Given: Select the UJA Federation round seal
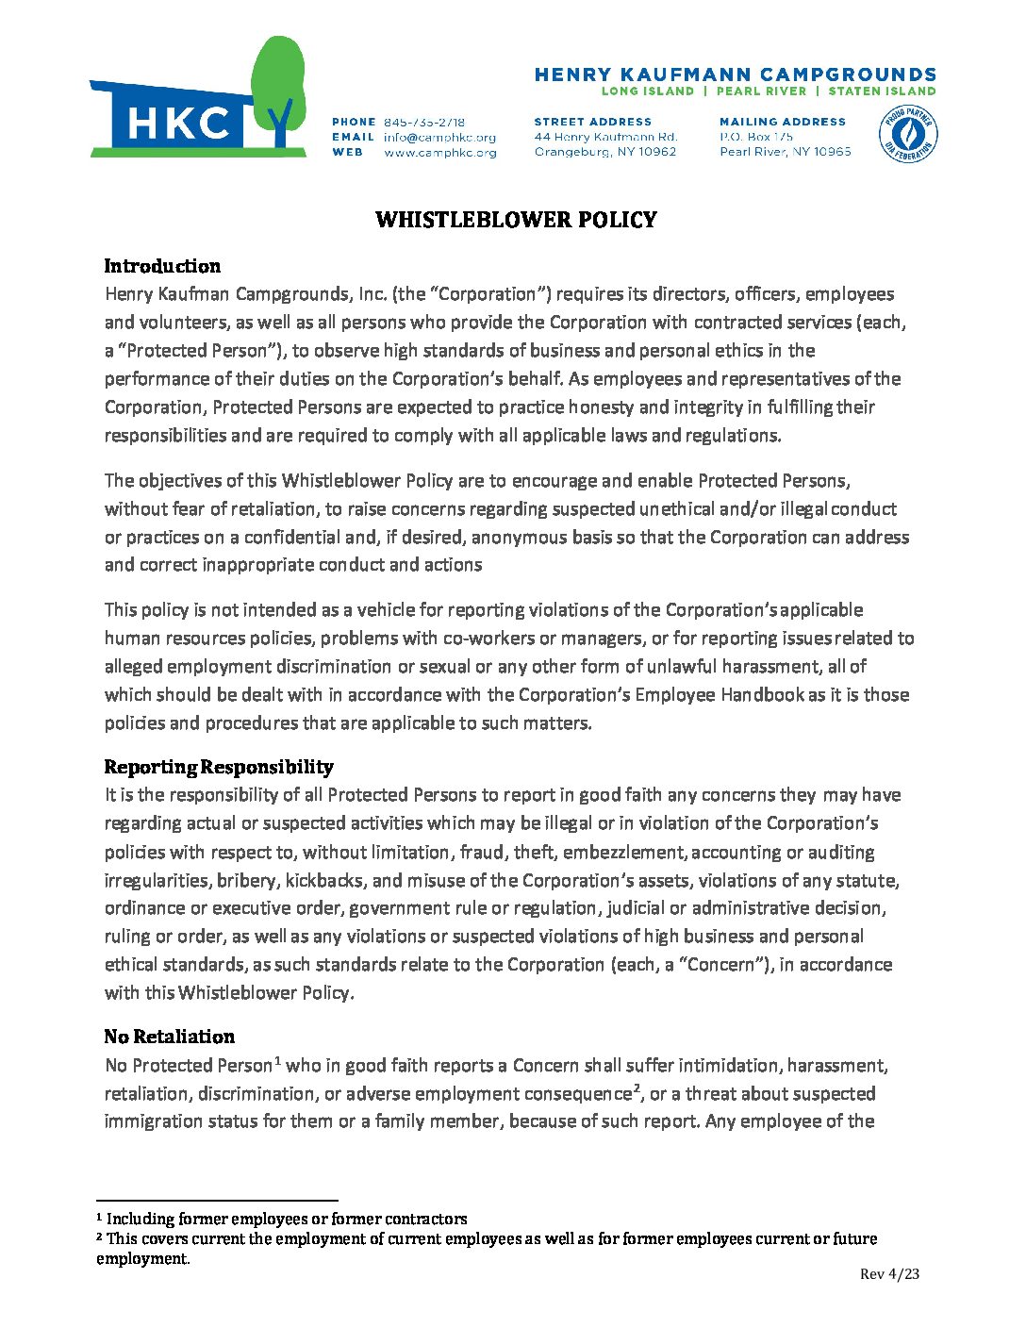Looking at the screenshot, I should click(x=907, y=134).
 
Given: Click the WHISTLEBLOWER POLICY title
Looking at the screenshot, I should click(x=516, y=220).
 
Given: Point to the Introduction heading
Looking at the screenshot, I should click(x=162, y=266).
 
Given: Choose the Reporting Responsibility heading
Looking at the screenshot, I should click(x=219, y=767).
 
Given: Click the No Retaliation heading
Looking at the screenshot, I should click(x=170, y=1037).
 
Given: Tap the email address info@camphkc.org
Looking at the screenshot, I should click(x=439, y=137).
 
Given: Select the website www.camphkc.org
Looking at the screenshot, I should click(x=440, y=152).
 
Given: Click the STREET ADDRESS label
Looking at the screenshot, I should click(x=592, y=122).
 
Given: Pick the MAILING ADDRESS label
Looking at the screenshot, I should click(x=783, y=122).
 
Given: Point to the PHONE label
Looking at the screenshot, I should click(x=354, y=122).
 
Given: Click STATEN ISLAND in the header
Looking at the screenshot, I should click(x=882, y=91).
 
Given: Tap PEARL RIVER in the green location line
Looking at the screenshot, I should click(x=761, y=91).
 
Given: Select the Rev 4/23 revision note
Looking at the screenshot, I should click(x=889, y=1274).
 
